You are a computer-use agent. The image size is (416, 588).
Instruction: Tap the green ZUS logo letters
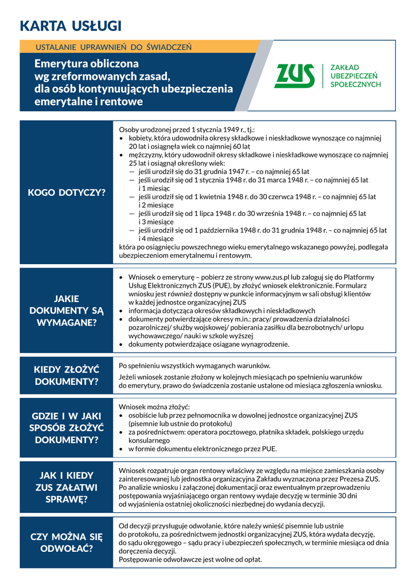[x=295, y=76]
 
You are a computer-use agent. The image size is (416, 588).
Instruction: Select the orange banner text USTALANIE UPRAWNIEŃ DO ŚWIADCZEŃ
[x=114, y=47]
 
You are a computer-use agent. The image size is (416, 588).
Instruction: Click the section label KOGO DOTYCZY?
[x=67, y=192]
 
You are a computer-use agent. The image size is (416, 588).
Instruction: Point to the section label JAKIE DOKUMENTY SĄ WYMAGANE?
[x=67, y=310]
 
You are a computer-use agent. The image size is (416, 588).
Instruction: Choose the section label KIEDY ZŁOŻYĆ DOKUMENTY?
[x=67, y=375]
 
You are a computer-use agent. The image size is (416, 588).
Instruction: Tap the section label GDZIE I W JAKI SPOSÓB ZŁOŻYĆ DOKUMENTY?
[x=67, y=428]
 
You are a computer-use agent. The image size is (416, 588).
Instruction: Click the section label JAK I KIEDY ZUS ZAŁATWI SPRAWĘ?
[x=67, y=487]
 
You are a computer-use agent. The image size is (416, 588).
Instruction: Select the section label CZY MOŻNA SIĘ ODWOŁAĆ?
[x=67, y=542]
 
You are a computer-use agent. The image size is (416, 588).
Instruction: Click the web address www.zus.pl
[x=275, y=277]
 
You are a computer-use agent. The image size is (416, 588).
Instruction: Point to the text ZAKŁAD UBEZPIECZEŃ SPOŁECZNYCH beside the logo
[x=355, y=76]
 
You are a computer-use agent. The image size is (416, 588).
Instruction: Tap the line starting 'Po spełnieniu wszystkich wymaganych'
[x=194, y=366]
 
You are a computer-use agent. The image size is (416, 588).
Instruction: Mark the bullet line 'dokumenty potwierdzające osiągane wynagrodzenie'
[x=208, y=345]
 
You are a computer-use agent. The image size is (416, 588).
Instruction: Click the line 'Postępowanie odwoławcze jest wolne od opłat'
[x=190, y=559]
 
